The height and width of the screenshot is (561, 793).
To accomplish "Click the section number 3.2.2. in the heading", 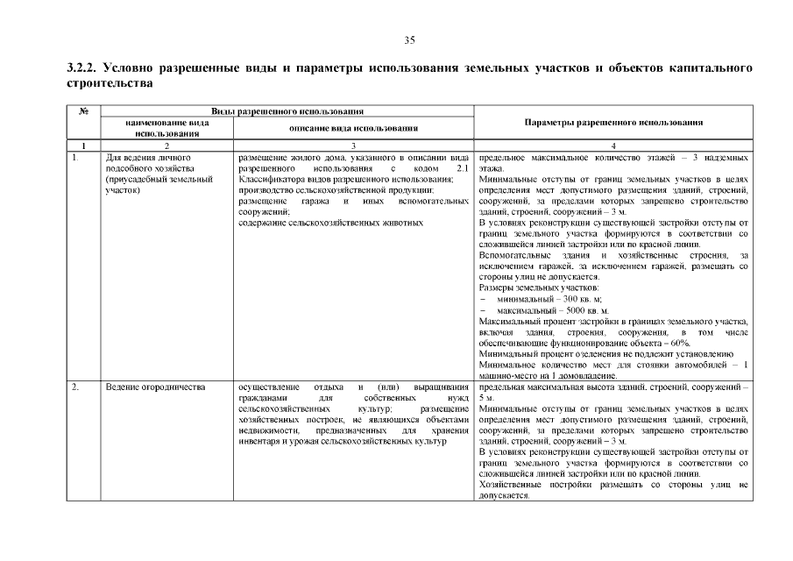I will (84, 68).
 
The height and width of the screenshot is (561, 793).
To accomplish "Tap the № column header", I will (84, 112).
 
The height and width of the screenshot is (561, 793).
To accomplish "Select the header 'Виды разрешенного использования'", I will (288, 112).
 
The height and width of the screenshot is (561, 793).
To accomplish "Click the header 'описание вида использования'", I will (352, 128).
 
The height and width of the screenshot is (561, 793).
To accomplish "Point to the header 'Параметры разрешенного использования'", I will (613, 123).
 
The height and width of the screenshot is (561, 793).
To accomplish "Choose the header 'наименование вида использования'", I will (166, 128).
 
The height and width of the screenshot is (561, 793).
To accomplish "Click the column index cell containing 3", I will (352, 146).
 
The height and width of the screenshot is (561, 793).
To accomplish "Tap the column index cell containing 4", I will (613, 146).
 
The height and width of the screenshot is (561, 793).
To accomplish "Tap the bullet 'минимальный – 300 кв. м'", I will (542, 299).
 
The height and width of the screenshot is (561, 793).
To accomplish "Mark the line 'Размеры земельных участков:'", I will (539, 288).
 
